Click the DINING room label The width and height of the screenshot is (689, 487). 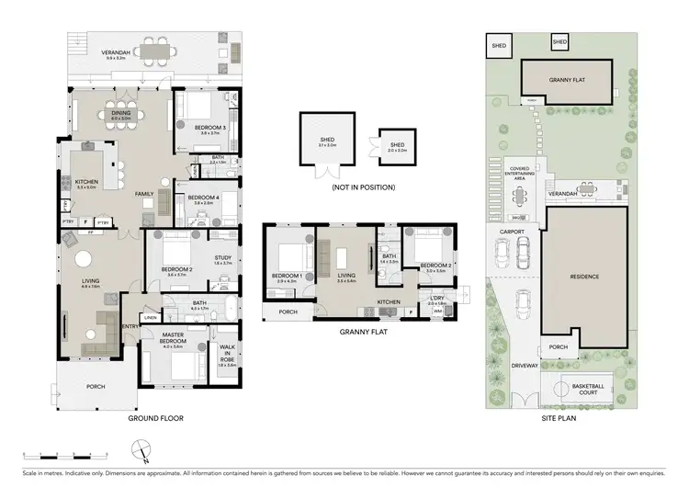(x=122, y=114)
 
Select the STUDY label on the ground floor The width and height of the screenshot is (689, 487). (x=221, y=258)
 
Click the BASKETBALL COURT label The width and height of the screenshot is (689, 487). (x=589, y=388)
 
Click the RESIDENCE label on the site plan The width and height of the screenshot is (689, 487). (x=584, y=277)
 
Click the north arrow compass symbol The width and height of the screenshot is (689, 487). (x=141, y=449)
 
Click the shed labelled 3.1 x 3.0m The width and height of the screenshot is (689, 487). (x=327, y=144)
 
